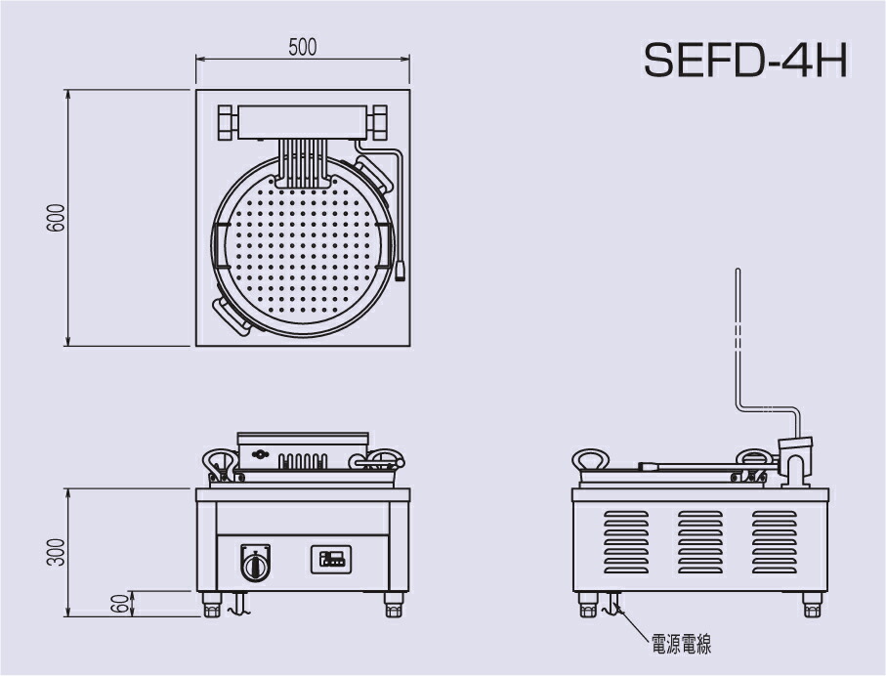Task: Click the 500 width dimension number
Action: click(x=303, y=47)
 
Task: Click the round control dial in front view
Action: click(x=255, y=564)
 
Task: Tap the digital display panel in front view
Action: click(x=331, y=560)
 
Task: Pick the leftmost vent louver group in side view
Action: click(x=626, y=541)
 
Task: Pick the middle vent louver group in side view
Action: click(x=700, y=541)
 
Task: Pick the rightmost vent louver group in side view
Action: click(x=774, y=541)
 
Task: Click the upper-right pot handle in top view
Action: click(x=371, y=173)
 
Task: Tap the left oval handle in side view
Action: click(x=592, y=461)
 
